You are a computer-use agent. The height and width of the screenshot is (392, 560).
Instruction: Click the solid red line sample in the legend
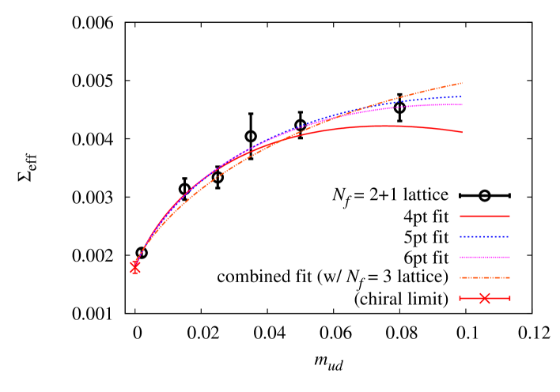(485, 216)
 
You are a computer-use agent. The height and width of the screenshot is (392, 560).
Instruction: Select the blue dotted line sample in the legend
(485, 236)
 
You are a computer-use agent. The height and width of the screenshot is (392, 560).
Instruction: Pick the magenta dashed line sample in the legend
(485, 257)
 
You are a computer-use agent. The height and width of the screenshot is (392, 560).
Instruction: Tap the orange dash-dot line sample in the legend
(485, 277)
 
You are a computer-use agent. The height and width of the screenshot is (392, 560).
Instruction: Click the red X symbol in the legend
(485, 298)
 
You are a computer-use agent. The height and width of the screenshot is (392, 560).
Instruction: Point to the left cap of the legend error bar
(460, 298)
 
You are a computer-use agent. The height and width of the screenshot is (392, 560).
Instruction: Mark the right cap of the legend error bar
(509, 298)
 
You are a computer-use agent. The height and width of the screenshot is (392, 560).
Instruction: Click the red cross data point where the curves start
(134, 268)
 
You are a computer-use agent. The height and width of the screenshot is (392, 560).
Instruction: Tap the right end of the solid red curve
(463, 132)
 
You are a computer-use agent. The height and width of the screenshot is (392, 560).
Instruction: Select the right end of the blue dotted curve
(462, 96)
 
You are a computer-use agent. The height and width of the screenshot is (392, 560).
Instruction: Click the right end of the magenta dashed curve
(462, 104)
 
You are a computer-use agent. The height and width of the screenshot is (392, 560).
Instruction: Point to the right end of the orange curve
(462, 83)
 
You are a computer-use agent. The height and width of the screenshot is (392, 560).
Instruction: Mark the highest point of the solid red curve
(388, 126)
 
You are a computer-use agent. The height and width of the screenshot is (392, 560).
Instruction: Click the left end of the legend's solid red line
(460, 216)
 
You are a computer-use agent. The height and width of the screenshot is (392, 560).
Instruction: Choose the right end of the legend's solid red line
(509, 216)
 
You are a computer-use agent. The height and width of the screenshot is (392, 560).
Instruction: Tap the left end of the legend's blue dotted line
(460, 236)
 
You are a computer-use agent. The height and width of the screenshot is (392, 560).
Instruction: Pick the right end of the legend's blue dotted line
(509, 236)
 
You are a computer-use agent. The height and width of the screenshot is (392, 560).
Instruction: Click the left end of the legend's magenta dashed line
(460, 257)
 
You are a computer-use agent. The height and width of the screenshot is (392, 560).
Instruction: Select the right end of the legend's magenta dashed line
(509, 257)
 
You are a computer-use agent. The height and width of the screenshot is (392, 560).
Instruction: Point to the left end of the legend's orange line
(460, 277)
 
